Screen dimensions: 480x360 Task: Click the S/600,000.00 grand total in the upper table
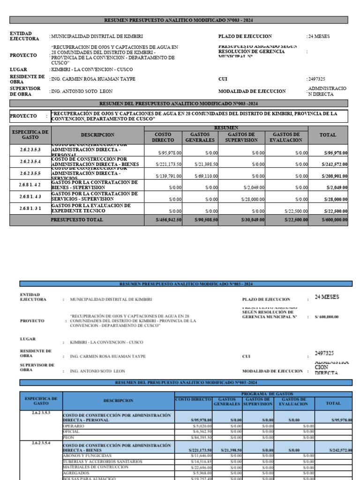tap(334, 220)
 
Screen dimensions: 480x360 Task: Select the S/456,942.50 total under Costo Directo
tap(168, 220)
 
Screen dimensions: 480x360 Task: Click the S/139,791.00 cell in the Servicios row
tap(169, 176)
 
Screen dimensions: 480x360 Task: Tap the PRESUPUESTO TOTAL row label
tap(76, 219)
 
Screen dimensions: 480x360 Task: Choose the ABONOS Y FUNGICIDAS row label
tap(87, 455)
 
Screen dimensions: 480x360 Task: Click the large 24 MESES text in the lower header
tap(327, 297)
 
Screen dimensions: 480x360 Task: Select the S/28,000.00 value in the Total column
tap(335, 199)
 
